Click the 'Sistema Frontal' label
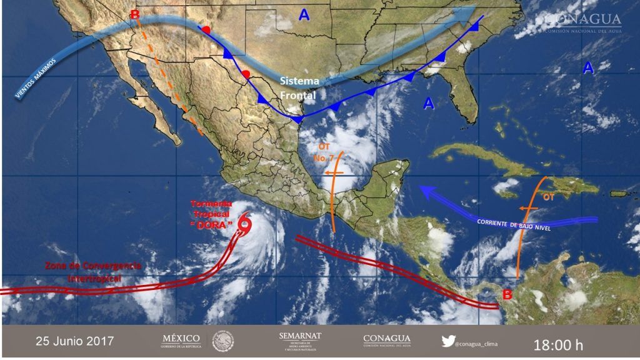[x=299, y=89]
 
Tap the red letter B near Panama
[x=508, y=294]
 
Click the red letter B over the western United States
[x=134, y=16]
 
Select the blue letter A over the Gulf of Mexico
[x=428, y=104]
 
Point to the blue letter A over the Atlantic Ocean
[x=588, y=68]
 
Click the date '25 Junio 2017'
[x=74, y=341]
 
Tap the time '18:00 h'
[x=558, y=344]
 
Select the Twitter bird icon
[x=447, y=341]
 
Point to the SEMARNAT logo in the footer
[x=300, y=341]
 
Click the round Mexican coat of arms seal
[x=222, y=341]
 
